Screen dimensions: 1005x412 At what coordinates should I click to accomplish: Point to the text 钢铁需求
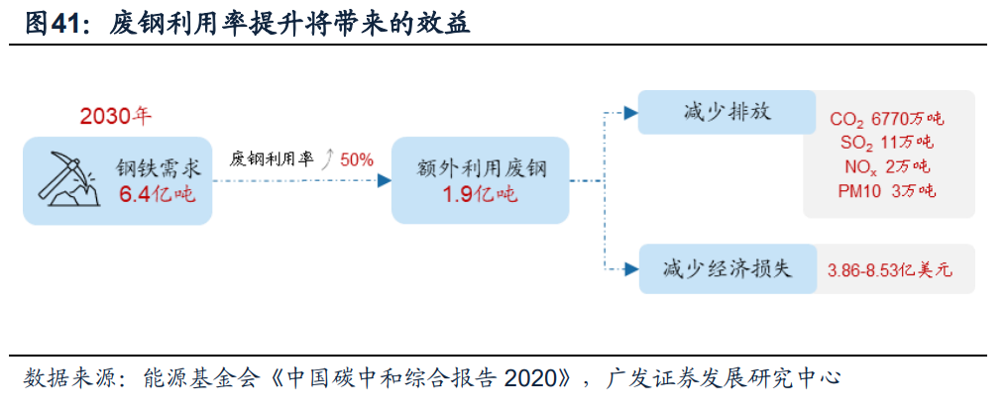click(157, 166)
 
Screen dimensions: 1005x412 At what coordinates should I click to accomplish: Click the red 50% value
click(357, 158)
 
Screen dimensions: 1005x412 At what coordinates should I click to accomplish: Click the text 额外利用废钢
click(481, 166)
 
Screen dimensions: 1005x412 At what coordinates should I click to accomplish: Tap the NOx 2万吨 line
click(887, 166)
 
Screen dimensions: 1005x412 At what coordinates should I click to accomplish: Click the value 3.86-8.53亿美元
click(889, 269)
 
